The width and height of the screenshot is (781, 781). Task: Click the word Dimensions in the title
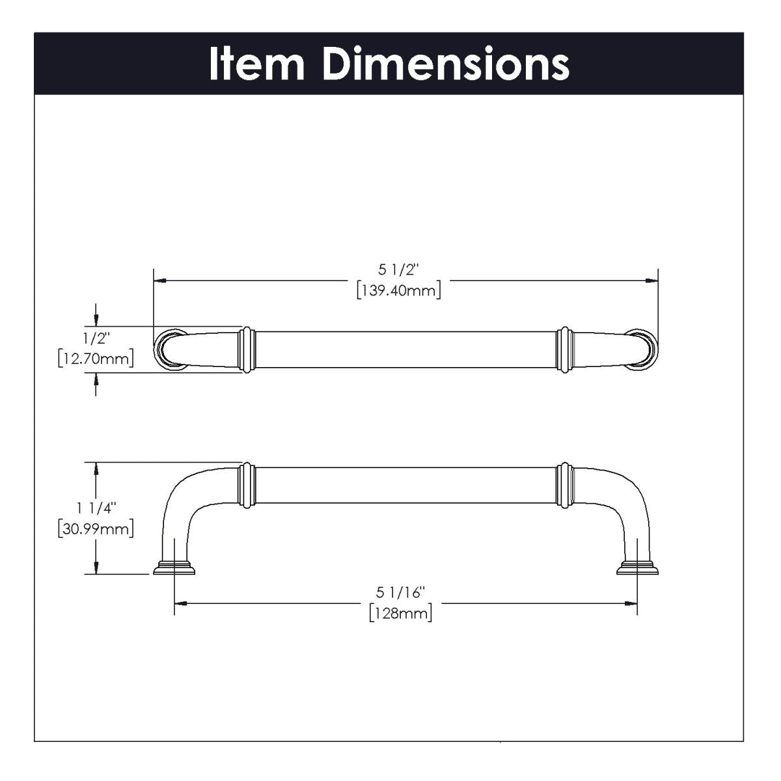click(445, 64)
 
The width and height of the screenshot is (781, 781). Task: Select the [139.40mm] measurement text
click(398, 290)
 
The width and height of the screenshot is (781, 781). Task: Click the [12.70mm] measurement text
click(96, 358)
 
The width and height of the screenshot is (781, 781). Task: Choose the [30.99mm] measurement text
click(96, 528)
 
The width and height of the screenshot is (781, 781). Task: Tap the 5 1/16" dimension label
click(400, 592)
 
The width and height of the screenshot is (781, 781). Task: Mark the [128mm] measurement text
click(400, 612)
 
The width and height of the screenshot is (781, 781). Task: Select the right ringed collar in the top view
click(564, 349)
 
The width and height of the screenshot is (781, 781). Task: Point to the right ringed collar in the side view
click(564, 484)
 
